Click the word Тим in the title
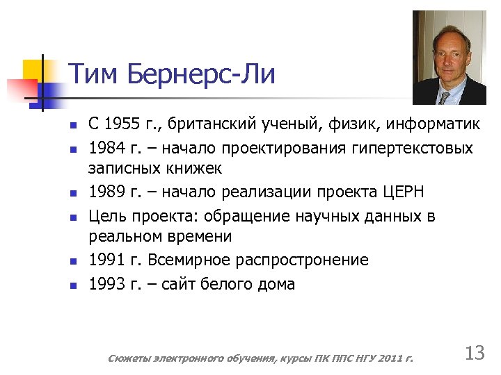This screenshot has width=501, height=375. coord(94,74)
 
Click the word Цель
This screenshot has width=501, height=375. coord(105,216)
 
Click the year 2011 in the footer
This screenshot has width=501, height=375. coord(390,358)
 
